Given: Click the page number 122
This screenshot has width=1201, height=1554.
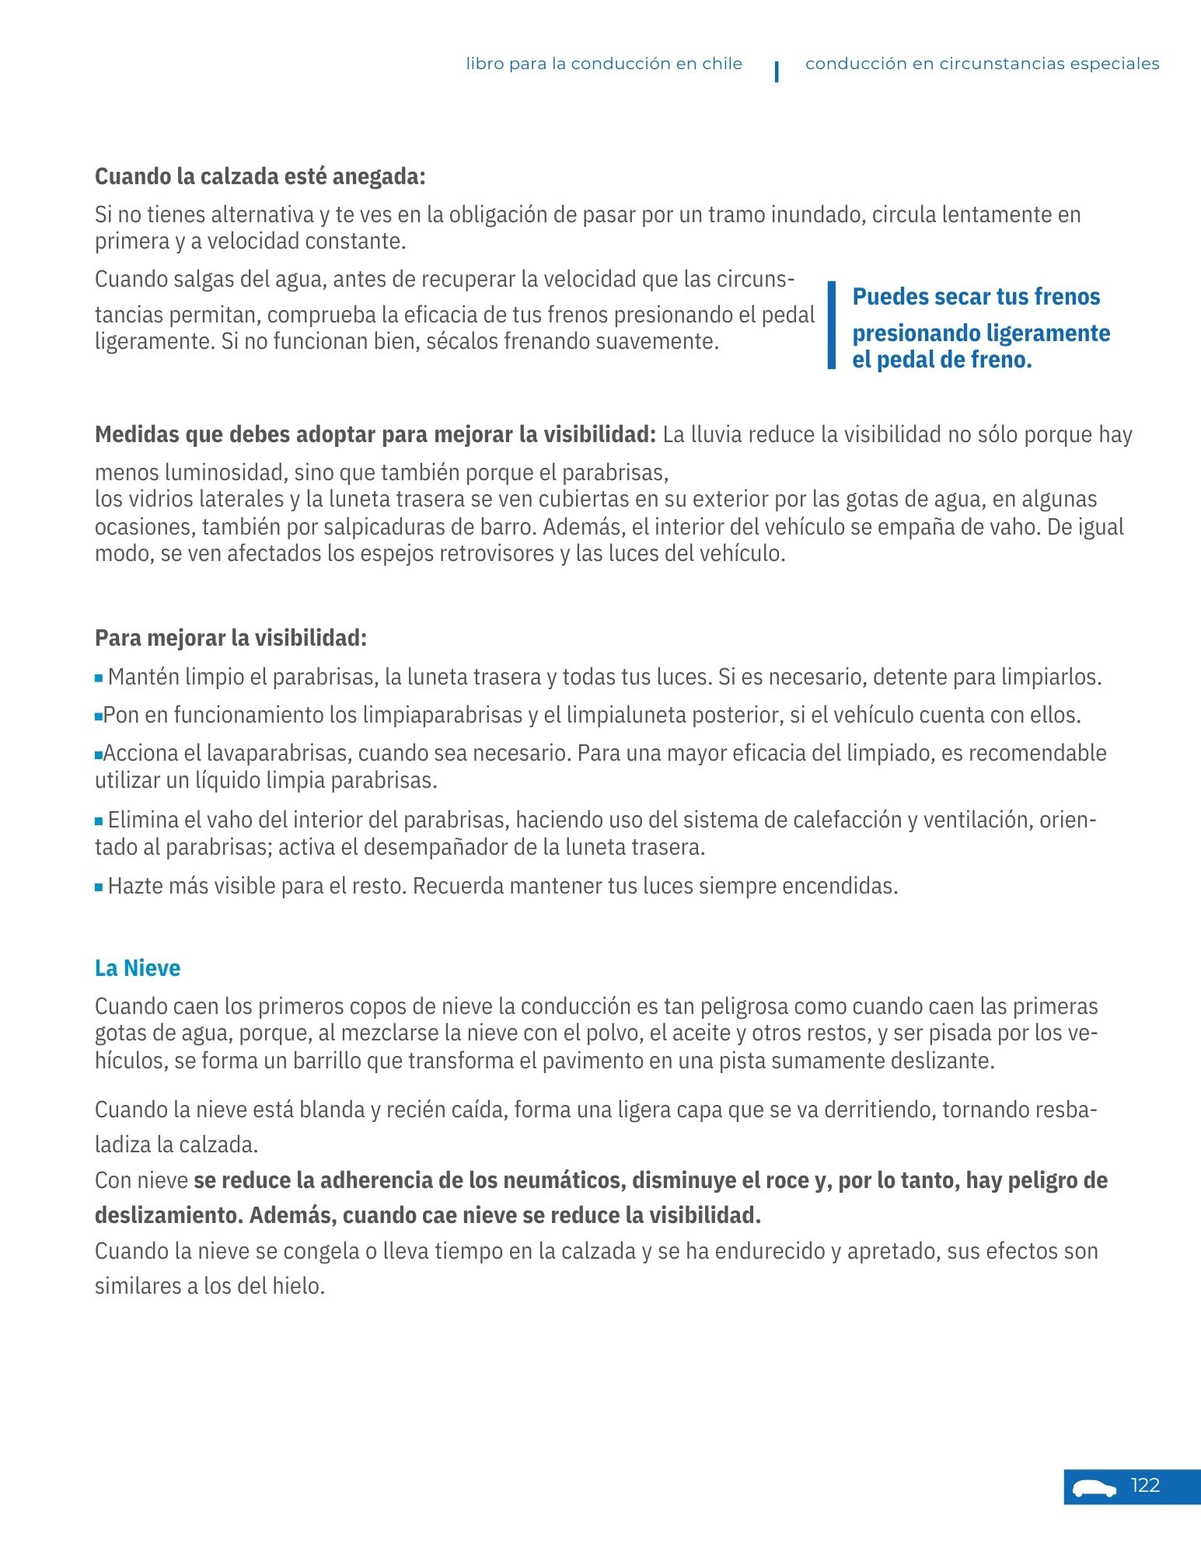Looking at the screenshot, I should click(1145, 1486).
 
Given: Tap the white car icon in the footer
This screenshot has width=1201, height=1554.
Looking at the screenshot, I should click(1094, 1488).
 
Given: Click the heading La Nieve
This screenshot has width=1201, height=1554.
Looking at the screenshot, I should click(138, 968).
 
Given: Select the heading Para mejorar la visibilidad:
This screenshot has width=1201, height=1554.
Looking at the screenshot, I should click(231, 638).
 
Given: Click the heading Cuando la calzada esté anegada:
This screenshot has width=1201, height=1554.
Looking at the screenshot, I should click(260, 176).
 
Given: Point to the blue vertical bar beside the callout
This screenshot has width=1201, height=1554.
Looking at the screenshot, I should click(831, 325).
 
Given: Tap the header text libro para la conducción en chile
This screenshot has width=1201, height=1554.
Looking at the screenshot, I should click(604, 64).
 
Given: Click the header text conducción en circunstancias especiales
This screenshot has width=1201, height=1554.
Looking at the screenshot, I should click(982, 64).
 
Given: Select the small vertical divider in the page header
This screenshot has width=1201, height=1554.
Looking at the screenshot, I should click(777, 71).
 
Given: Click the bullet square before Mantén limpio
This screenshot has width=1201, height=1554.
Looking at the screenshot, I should click(99, 678).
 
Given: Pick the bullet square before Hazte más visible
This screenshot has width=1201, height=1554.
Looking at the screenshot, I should click(99, 887).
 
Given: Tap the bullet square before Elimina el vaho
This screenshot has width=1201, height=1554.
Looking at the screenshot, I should click(99, 821).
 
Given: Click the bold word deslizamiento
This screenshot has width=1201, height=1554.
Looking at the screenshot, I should click(167, 1215).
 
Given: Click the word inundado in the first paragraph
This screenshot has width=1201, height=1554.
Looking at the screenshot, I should click(817, 214).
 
